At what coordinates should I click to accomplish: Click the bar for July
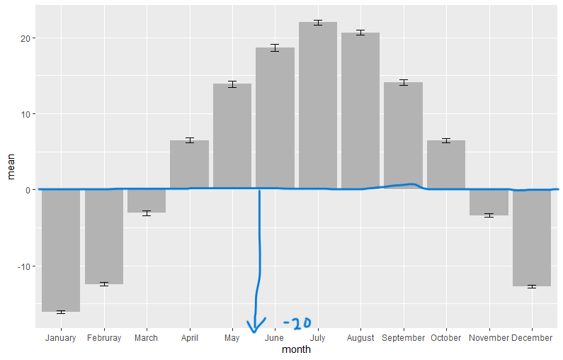point(318,106)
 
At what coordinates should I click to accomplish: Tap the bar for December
point(532,238)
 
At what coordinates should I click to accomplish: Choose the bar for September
point(403,135)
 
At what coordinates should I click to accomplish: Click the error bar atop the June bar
point(275,47)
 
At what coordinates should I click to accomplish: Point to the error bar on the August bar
point(360,33)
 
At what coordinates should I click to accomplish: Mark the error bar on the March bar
point(147,213)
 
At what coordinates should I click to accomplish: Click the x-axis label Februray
point(104,338)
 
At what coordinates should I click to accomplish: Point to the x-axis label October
point(446,338)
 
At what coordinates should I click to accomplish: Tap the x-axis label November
point(489,338)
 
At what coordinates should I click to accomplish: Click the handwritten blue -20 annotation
point(297,323)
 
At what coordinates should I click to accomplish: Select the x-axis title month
point(296,349)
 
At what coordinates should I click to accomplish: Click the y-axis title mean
point(11,170)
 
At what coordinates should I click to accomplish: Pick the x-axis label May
point(232,338)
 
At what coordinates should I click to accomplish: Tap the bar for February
point(104,237)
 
